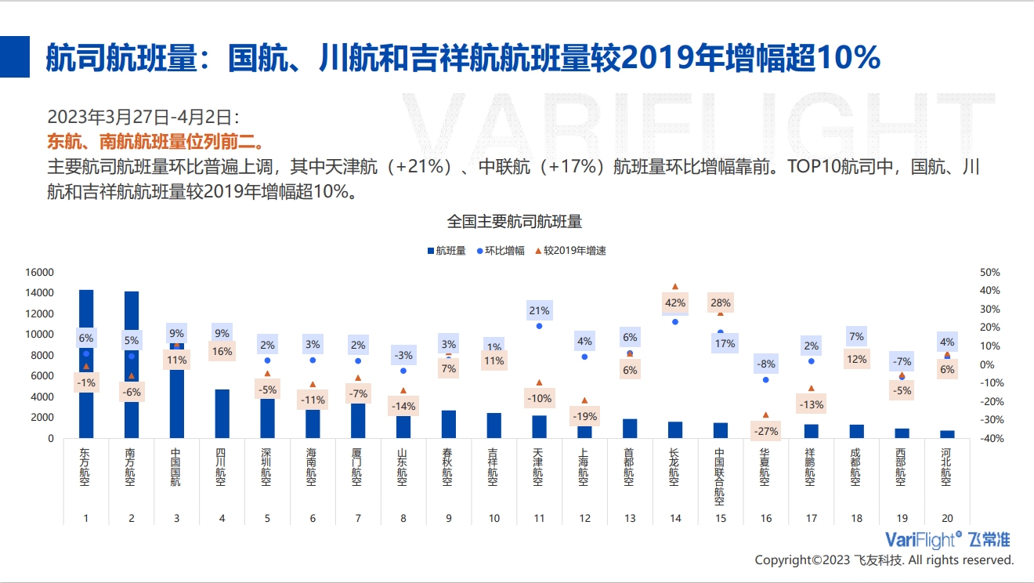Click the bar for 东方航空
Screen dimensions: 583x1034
[86, 415]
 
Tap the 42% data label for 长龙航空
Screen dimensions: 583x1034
[675, 302]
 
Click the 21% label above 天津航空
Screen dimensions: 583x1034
[539, 310]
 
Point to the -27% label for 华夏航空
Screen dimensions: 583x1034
[765, 431]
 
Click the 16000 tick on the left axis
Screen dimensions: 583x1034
[39, 272]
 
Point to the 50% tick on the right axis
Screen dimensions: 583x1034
[990, 272]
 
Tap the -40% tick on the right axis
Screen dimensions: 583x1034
[990, 439]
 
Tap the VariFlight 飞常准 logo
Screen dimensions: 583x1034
[947, 539]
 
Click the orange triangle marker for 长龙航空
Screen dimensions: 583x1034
[675, 287]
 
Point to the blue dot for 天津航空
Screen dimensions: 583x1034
[539, 325]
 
